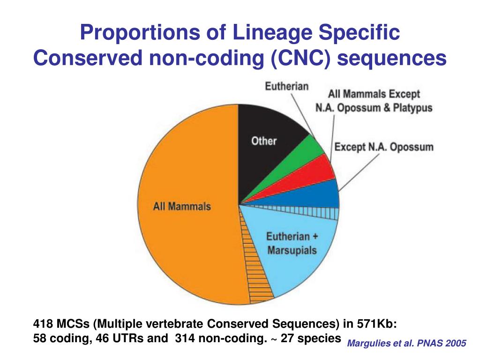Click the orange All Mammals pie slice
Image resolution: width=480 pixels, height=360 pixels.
183,234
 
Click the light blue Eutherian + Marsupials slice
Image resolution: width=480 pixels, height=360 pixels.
300,267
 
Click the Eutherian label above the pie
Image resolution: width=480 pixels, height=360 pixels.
287,86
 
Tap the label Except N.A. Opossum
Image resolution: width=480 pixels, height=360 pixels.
383,147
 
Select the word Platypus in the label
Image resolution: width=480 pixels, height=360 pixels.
412,108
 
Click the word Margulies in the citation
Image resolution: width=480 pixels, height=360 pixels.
369,344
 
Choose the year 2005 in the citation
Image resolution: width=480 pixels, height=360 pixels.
457,344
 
